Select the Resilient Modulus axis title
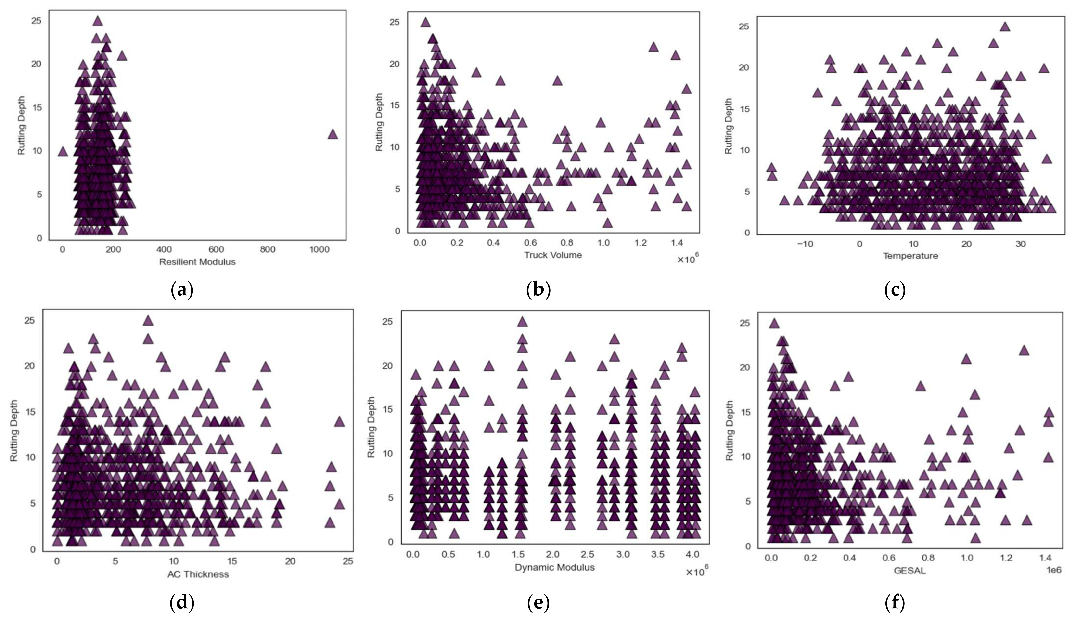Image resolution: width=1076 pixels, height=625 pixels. pyautogui.click(x=197, y=262)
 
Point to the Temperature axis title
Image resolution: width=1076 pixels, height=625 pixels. pyautogui.click(x=910, y=256)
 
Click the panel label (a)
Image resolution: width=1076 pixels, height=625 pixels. pyautogui.click(x=182, y=290)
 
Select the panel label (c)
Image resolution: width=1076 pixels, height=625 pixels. pyautogui.click(x=895, y=290)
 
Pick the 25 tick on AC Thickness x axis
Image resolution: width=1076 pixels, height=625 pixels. pyautogui.click(x=348, y=561)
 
